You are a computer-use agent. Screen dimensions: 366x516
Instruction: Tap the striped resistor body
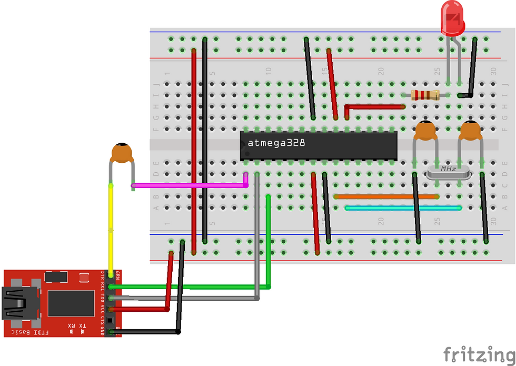coord(424,95)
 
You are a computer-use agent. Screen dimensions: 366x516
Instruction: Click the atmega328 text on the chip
coord(276,143)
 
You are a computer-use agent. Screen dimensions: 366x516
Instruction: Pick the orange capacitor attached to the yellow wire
coord(122,153)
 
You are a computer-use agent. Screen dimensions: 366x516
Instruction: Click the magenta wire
coord(190,185)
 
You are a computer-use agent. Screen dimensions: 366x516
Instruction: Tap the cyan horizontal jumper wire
coord(403,208)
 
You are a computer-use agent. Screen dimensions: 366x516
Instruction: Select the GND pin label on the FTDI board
coord(103,331)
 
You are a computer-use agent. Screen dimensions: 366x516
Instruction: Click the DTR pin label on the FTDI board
coord(103,275)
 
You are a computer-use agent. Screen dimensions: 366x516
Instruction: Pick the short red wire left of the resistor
coord(374,106)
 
